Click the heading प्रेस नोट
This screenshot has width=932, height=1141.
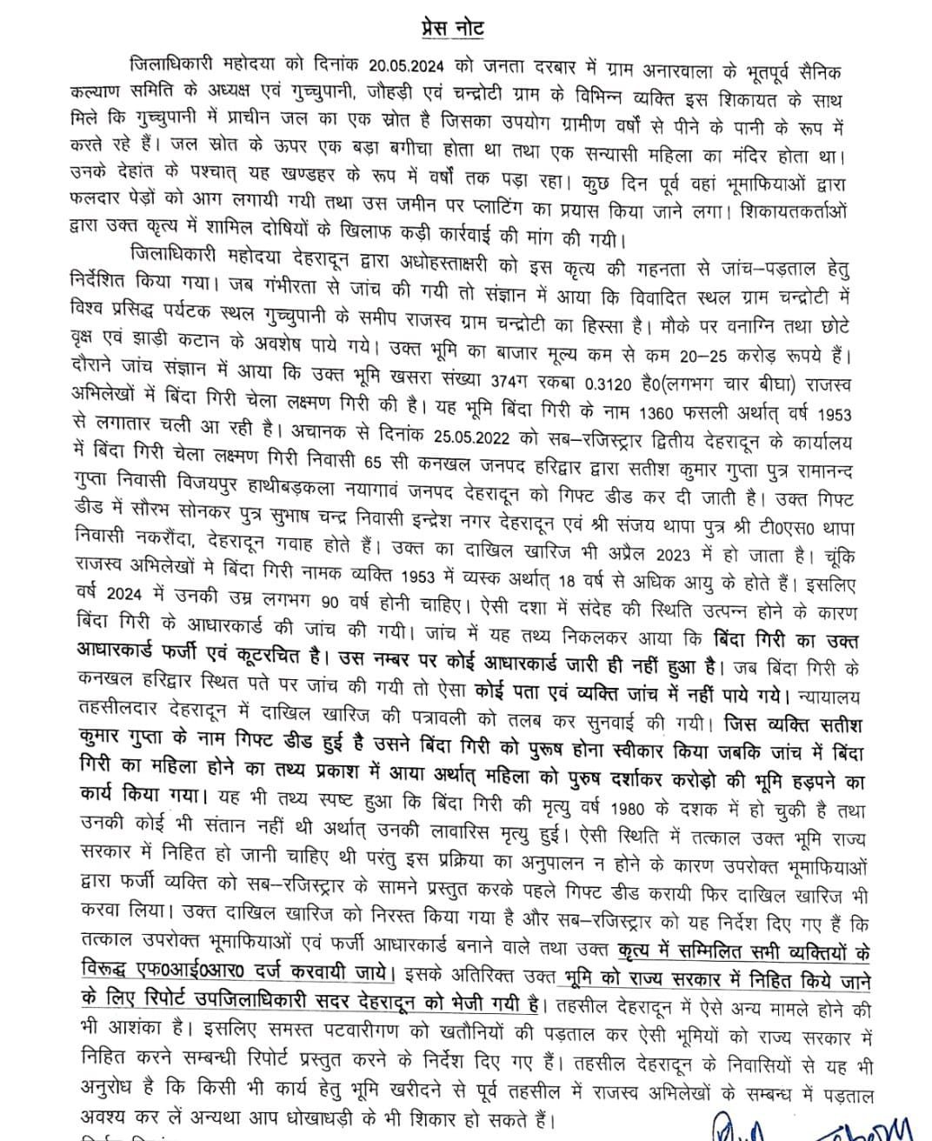[x=449, y=28]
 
